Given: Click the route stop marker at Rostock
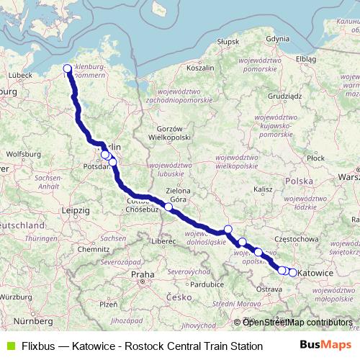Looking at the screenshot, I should [68, 69].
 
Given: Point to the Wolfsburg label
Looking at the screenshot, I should [22, 154].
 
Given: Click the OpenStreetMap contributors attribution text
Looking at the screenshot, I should [296, 323].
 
